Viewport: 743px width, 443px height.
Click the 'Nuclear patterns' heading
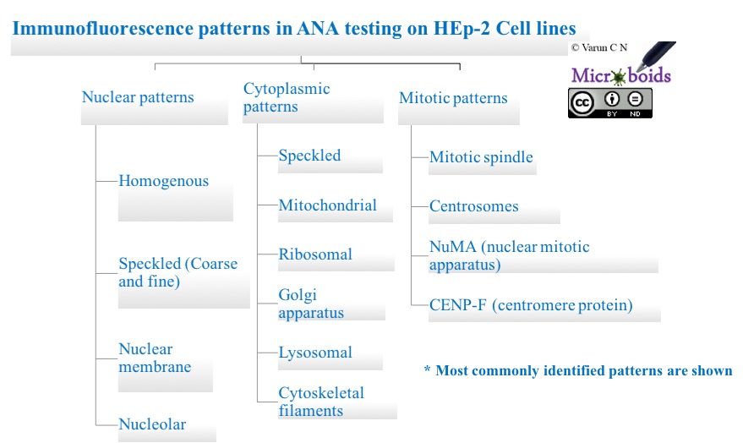(x=138, y=97)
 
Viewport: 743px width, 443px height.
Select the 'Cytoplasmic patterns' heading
(x=287, y=98)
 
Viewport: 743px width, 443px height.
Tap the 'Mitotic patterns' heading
(x=453, y=98)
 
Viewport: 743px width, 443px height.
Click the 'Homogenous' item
(x=163, y=181)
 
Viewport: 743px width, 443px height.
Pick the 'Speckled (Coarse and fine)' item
(x=178, y=272)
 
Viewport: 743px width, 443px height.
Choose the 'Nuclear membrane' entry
(x=155, y=358)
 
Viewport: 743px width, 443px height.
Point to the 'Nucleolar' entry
(x=152, y=424)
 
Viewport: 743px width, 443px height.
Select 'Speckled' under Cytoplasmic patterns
(x=309, y=156)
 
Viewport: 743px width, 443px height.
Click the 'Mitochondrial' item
(x=327, y=205)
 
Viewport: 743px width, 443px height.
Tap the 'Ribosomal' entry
(x=315, y=254)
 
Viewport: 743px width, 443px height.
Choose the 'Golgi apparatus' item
(x=311, y=304)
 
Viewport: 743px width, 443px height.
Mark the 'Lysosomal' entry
(x=315, y=353)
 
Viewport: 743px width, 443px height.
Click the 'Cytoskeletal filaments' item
(x=321, y=402)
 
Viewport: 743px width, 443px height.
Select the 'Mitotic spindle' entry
(x=481, y=157)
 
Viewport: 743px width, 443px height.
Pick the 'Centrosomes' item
(x=473, y=206)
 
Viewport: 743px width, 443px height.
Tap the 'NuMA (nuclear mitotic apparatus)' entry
(x=509, y=255)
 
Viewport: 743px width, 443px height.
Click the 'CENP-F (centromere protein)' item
(x=530, y=305)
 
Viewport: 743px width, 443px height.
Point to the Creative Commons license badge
(x=609, y=103)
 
